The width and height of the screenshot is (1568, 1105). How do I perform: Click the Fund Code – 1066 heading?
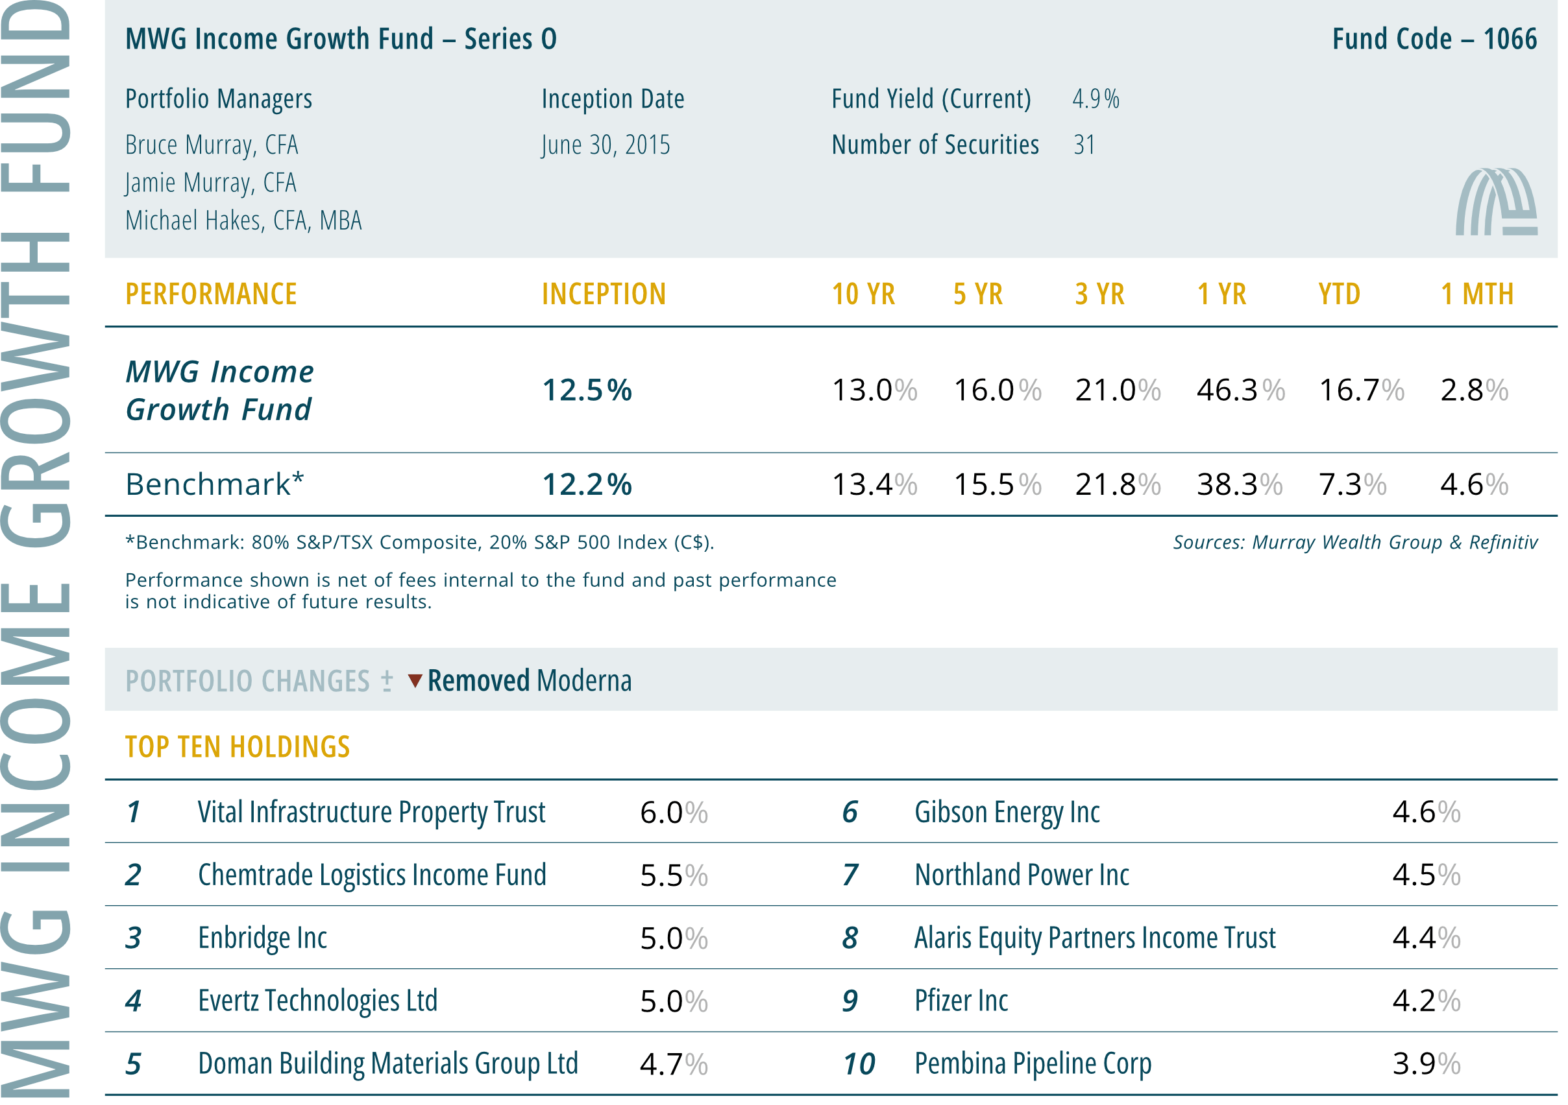[1434, 39]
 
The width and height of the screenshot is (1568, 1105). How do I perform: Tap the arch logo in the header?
[1497, 202]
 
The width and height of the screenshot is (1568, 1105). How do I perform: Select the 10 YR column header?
[863, 294]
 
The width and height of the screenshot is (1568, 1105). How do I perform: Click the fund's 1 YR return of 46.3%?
[1240, 390]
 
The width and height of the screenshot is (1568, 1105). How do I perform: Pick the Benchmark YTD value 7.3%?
[1352, 484]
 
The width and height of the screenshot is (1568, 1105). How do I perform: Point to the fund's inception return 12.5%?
[587, 390]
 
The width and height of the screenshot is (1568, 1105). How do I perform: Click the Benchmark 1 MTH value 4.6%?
[1475, 484]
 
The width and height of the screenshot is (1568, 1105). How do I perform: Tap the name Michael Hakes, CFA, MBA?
[243, 220]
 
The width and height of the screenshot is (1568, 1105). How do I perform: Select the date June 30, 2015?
[606, 145]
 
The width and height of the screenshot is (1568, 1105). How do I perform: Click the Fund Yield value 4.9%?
[1096, 99]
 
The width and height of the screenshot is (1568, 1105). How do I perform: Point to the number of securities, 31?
[1084, 145]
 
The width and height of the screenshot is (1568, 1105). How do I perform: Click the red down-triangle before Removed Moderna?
[415, 680]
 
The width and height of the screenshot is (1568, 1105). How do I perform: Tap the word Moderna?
[584, 680]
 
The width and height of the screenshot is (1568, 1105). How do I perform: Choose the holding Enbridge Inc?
[262, 938]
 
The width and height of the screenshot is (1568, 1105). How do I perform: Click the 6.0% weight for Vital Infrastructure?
[674, 812]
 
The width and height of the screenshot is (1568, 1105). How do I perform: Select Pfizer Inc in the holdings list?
[961, 1001]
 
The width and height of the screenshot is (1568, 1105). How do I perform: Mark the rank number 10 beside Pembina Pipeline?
[859, 1064]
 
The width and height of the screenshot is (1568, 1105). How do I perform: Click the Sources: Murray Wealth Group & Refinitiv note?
[1355, 542]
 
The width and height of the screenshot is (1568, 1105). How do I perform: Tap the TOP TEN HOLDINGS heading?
[237, 747]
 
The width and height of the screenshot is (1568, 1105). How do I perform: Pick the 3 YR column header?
[1099, 294]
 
